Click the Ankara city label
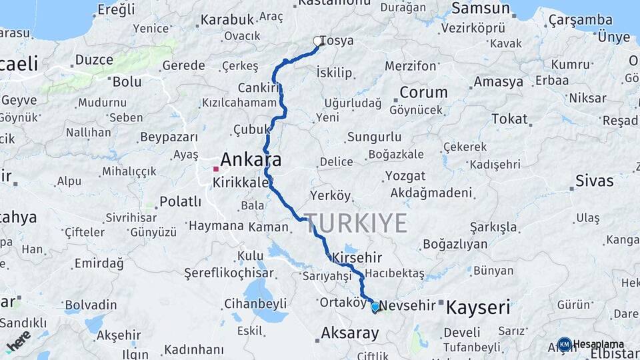[x=251, y=160]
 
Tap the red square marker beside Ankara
[x=215, y=169]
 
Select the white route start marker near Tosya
[x=317, y=41]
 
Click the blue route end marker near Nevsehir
[x=375, y=307]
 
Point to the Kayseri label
[x=478, y=307]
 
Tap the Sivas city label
[x=594, y=180]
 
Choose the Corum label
[x=423, y=92]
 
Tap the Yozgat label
[x=405, y=176]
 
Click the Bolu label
[x=127, y=82]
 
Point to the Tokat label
[x=509, y=119]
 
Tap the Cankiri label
[x=257, y=88]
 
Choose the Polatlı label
[x=180, y=201]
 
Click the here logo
[x=19, y=341]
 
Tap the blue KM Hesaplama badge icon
[x=564, y=345]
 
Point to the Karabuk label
[x=227, y=19]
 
